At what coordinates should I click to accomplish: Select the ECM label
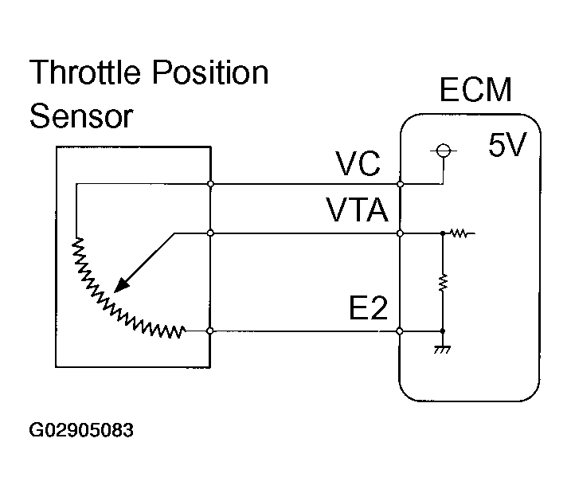click(x=475, y=90)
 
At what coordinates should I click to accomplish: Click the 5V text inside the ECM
click(x=506, y=147)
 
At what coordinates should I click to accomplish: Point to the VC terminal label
click(x=358, y=166)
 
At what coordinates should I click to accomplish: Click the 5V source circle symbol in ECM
click(x=443, y=150)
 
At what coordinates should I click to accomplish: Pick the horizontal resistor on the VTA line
click(x=460, y=234)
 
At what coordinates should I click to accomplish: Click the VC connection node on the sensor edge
click(x=211, y=184)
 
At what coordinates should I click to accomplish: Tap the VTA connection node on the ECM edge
click(x=400, y=234)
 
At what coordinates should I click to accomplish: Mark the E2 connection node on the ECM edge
click(x=400, y=330)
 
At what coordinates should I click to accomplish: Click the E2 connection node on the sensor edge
click(x=211, y=330)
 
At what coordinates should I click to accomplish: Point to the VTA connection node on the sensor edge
click(x=211, y=234)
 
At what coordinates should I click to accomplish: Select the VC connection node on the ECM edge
click(x=400, y=184)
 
